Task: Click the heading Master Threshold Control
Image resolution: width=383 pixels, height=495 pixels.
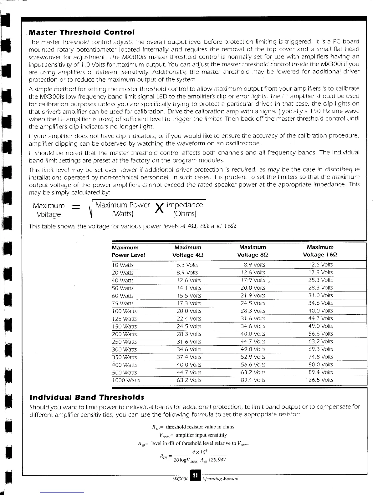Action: [81, 32]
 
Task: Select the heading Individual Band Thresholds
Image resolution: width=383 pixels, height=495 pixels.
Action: [87, 397]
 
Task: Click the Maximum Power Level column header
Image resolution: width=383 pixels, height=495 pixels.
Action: [128, 251]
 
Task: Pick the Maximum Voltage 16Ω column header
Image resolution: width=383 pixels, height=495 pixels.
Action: [320, 251]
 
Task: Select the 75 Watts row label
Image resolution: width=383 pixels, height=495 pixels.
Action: [123, 303]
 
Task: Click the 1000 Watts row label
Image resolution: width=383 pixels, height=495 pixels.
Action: [126, 380]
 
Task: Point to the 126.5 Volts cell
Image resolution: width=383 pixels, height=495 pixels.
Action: [319, 380]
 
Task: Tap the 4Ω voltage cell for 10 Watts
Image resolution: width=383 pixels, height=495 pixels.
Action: [187, 265]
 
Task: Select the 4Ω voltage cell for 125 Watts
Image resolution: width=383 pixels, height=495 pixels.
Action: [189, 319]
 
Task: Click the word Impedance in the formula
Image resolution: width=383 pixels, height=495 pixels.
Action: [185, 205]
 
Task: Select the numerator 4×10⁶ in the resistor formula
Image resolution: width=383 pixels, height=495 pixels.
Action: [199, 452]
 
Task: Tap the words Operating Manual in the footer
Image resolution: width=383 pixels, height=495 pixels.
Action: [220, 479]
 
